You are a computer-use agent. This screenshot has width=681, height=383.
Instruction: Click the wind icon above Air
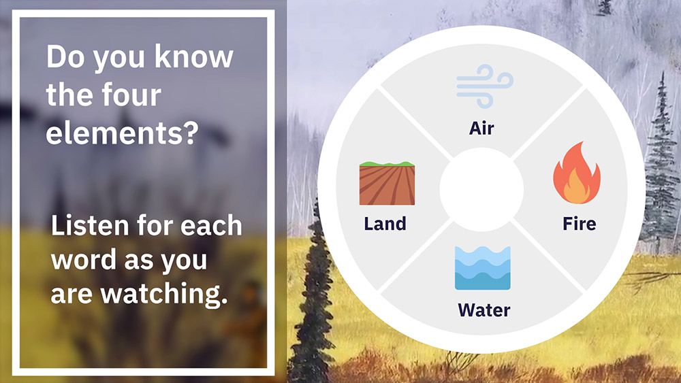coord(485,86)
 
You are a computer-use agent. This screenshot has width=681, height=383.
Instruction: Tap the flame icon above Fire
coord(577,173)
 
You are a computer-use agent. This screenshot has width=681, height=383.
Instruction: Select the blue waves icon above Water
coord(483,268)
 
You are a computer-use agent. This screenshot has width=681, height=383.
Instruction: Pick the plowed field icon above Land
coord(387,183)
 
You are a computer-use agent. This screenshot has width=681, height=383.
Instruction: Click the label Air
coord(481,129)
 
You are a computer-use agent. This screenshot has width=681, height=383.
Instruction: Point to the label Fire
coord(580,224)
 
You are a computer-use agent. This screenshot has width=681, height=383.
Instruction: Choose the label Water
coord(484,310)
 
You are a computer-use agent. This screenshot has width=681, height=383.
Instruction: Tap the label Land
coord(385,224)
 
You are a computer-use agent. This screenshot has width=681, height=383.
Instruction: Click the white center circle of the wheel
coord(481,190)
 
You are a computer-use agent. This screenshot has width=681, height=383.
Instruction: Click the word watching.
coord(164,294)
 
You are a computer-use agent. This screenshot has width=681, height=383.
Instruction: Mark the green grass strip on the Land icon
coord(387,164)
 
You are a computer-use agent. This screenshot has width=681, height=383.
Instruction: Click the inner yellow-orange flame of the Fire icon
coord(576,187)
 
